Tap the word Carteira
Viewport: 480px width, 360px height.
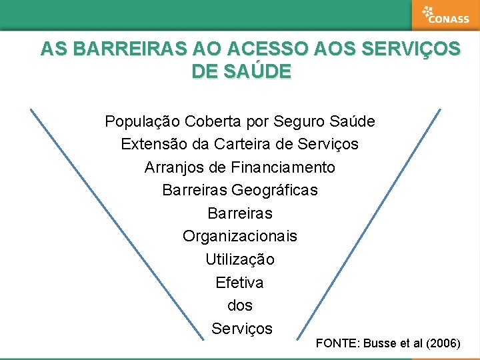[238, 144]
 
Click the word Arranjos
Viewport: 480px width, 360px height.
[173, 167]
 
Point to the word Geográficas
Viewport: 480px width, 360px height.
[275, 191]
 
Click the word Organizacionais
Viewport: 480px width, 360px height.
[240, 237]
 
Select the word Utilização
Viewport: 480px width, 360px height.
[240, 259]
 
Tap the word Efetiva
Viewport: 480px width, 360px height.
[240, 283]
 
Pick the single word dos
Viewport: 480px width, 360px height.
[240, 305]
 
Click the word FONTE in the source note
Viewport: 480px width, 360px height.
[337, 344]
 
